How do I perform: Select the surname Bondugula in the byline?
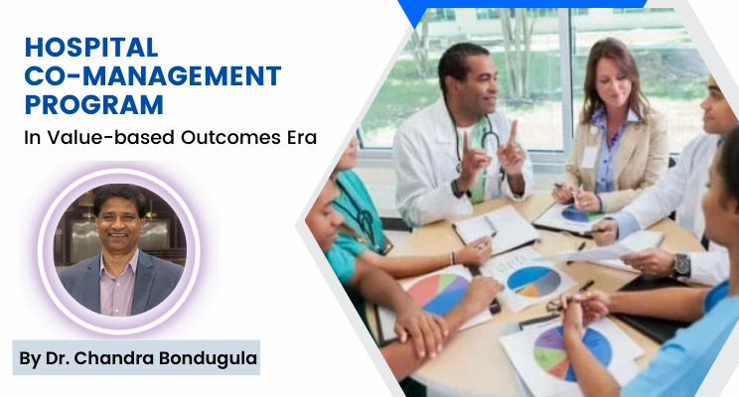coord(205,356)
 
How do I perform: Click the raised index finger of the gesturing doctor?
coord(513,128)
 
